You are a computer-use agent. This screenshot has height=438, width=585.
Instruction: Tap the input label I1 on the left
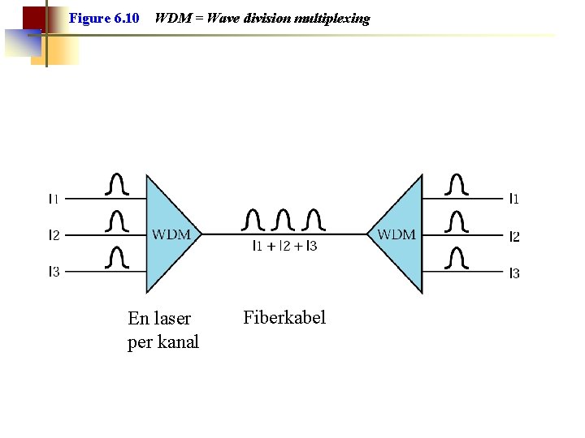54,197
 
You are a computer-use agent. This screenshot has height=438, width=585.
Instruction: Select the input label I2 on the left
54,235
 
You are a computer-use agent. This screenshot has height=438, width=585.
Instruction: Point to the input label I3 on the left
54,272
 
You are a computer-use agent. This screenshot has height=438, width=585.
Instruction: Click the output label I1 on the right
513,198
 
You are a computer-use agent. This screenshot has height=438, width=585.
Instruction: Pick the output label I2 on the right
513,237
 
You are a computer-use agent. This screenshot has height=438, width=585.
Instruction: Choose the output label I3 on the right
513,273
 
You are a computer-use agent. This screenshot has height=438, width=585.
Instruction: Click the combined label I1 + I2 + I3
284,246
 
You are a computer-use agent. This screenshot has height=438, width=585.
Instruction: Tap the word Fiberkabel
284,317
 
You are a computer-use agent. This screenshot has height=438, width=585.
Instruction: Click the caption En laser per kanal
163,330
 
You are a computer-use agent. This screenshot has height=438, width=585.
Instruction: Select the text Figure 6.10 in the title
104,18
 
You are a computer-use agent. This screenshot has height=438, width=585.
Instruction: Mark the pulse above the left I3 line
118,257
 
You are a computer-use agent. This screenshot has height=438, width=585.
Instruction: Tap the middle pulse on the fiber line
284,219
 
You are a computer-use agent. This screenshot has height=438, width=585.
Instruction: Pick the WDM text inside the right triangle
396,234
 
